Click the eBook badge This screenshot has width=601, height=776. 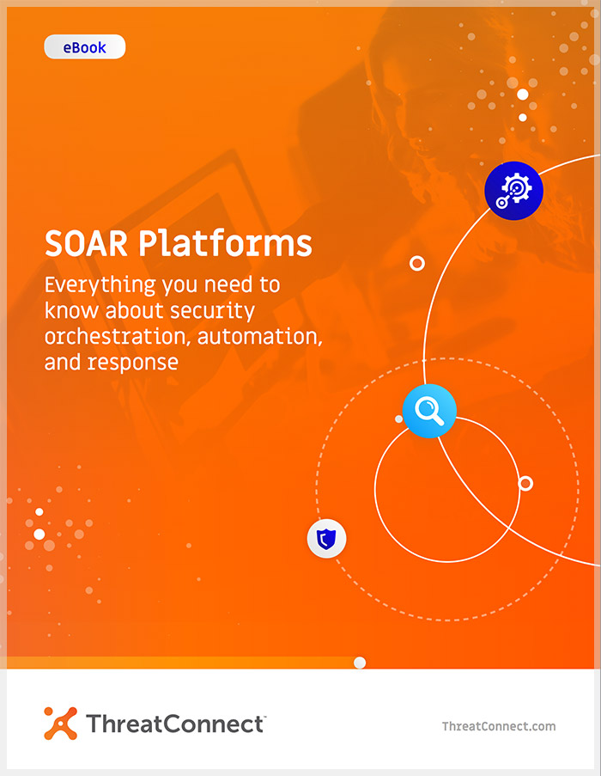84,47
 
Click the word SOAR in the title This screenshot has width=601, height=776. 86,243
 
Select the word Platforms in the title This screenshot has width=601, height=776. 225,243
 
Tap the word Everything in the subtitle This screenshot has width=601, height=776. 100,286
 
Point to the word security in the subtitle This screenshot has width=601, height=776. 212,311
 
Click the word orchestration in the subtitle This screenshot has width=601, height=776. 118,337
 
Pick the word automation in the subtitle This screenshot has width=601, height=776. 260,337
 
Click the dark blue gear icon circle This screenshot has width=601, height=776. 514,191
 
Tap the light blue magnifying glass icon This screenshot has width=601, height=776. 429,411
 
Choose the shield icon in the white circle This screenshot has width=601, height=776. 326,539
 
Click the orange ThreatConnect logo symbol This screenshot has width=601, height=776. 61,723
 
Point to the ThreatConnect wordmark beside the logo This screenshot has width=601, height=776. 176,724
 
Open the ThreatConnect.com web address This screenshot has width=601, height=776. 499,726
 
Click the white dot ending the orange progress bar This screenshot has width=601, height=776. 360,663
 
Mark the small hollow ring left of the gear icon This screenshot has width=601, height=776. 417,263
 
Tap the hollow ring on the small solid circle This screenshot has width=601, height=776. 525,484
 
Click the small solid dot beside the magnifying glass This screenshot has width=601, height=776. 399,419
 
